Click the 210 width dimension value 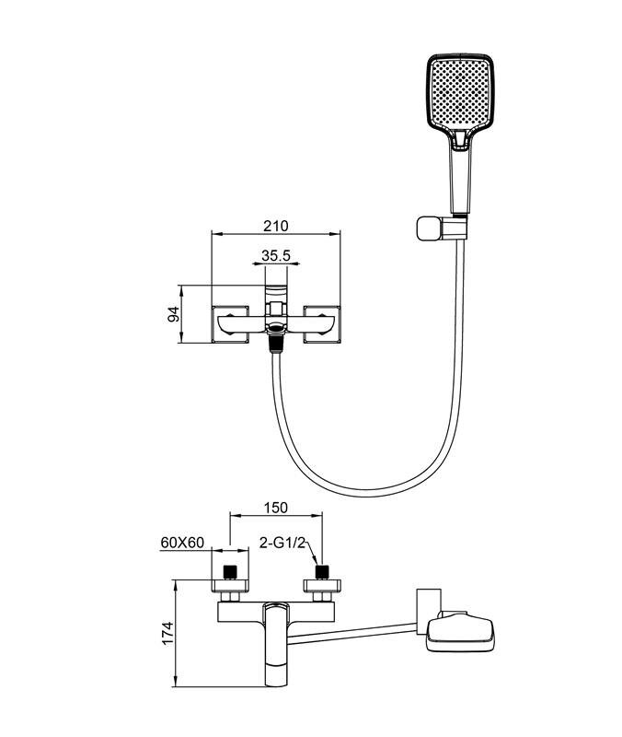(276, 226)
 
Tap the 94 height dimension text (171, 315)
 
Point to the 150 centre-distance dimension (276, 507)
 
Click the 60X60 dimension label (181, 543)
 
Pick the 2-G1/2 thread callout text (282, 543)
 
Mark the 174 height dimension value (167, 634)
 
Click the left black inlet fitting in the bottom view (232, 572)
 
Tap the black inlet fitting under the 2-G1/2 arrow (323, 572)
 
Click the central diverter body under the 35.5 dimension (274, 313)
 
